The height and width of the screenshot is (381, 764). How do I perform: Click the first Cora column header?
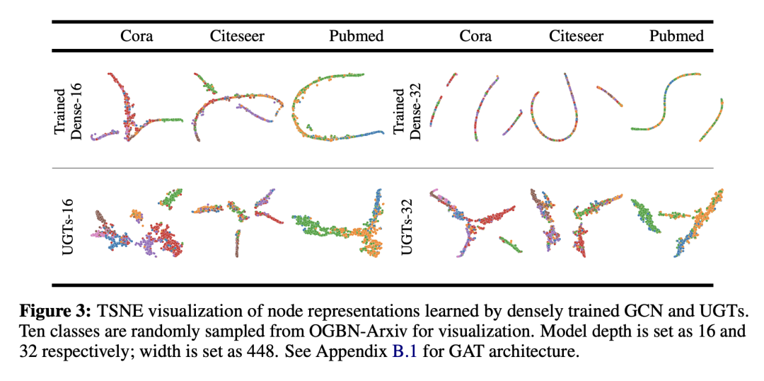point(137,35)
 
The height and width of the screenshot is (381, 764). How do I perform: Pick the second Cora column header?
point(475,35)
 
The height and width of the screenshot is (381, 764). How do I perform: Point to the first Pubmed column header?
point(357,35)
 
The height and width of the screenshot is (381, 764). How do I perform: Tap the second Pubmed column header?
point(677,35)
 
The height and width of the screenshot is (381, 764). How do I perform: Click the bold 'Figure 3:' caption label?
point(62,311)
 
